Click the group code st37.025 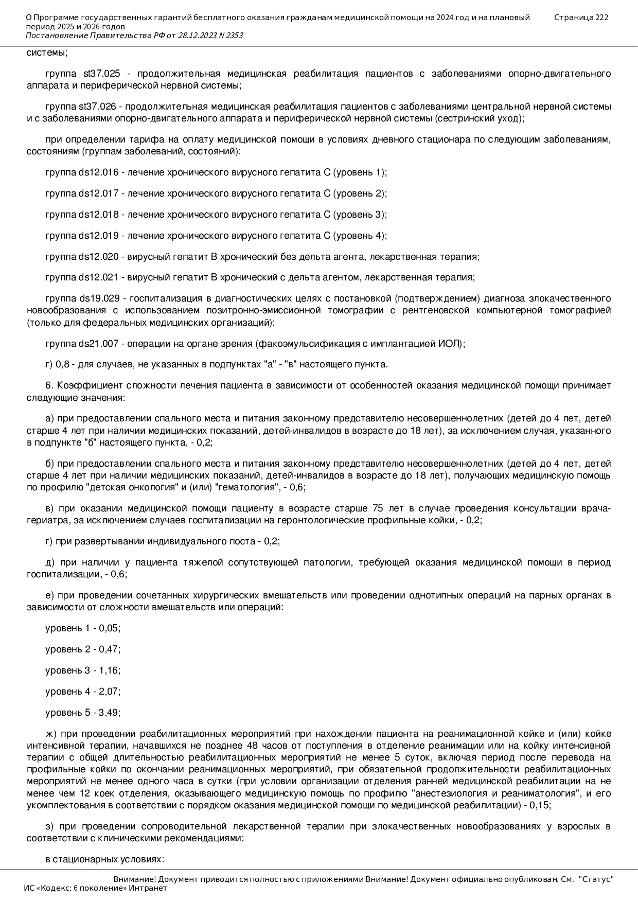101,74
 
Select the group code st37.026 97,107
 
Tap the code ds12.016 98,172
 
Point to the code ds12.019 98,236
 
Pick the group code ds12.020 98,257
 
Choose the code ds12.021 98,278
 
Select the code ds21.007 98,344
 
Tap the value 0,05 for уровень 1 109,628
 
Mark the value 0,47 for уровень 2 109,649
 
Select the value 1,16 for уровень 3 109,670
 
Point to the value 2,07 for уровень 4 109,692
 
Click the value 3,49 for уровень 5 109,713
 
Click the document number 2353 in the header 233,36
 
